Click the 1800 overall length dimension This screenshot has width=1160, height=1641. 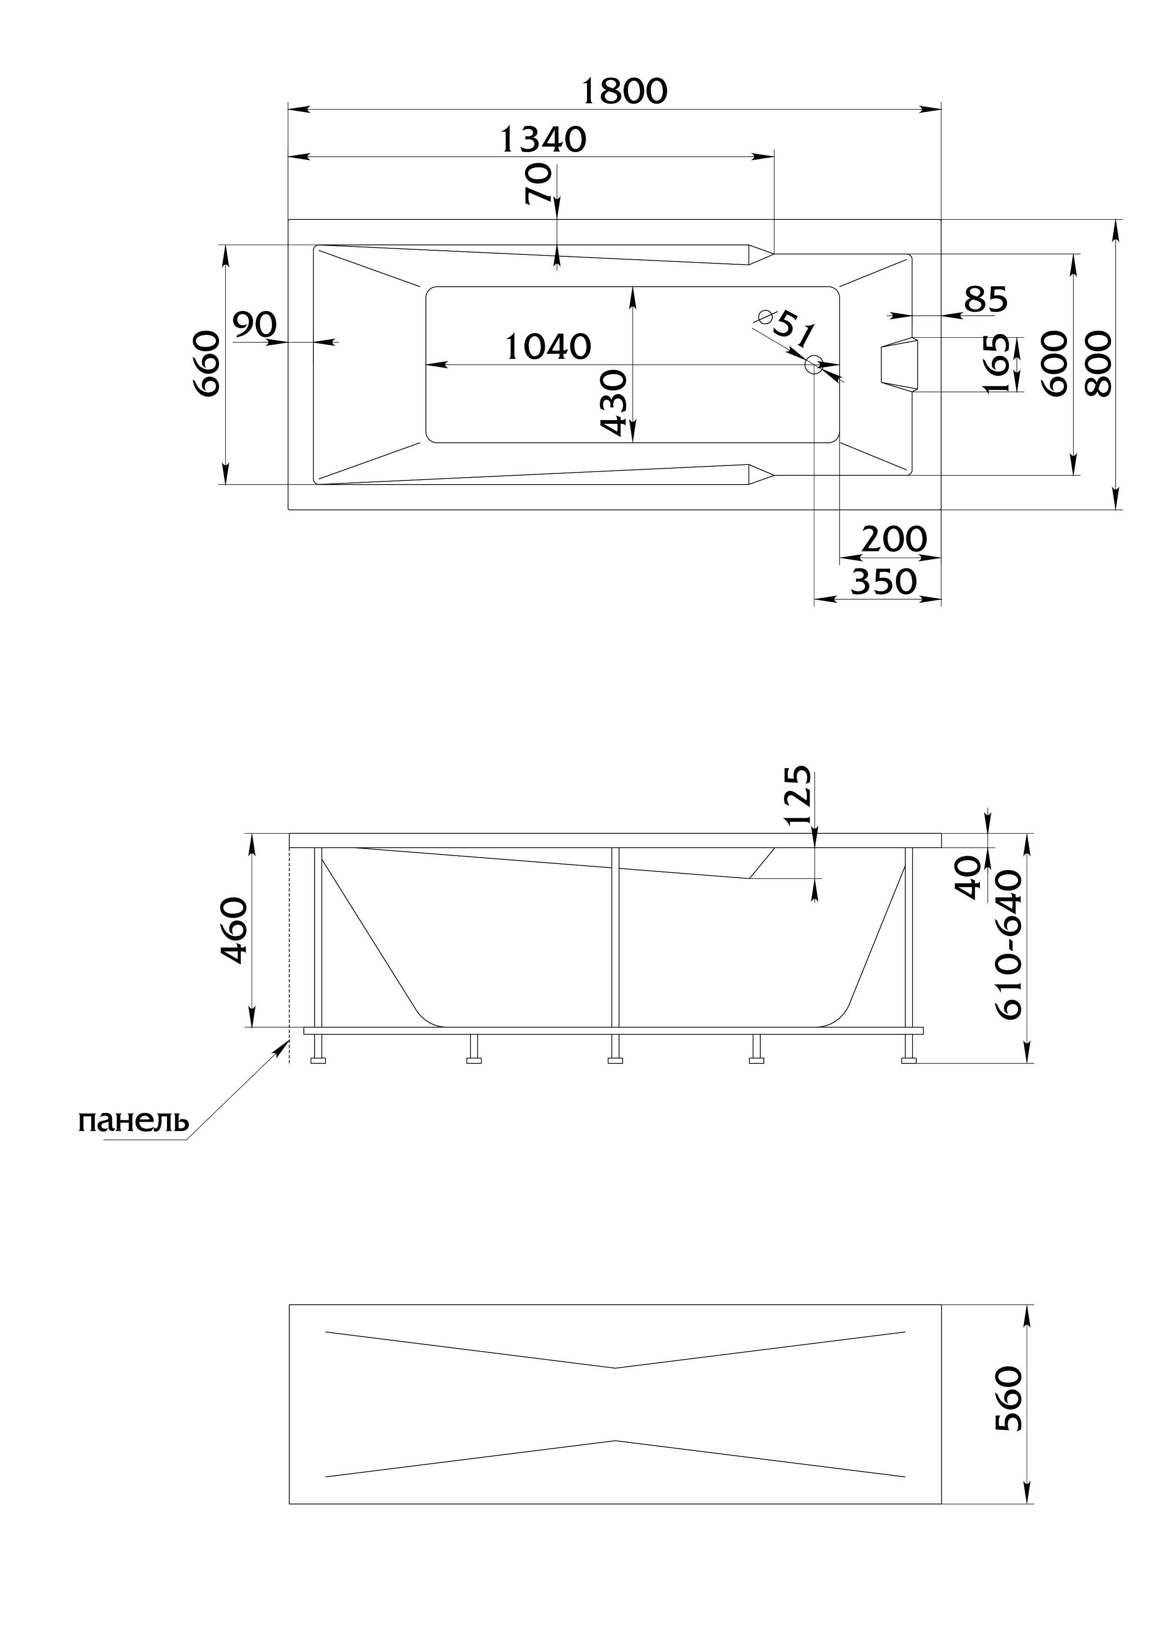[624, 91]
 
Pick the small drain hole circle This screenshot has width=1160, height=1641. [813, 365]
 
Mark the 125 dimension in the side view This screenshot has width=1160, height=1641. [797, 796]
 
